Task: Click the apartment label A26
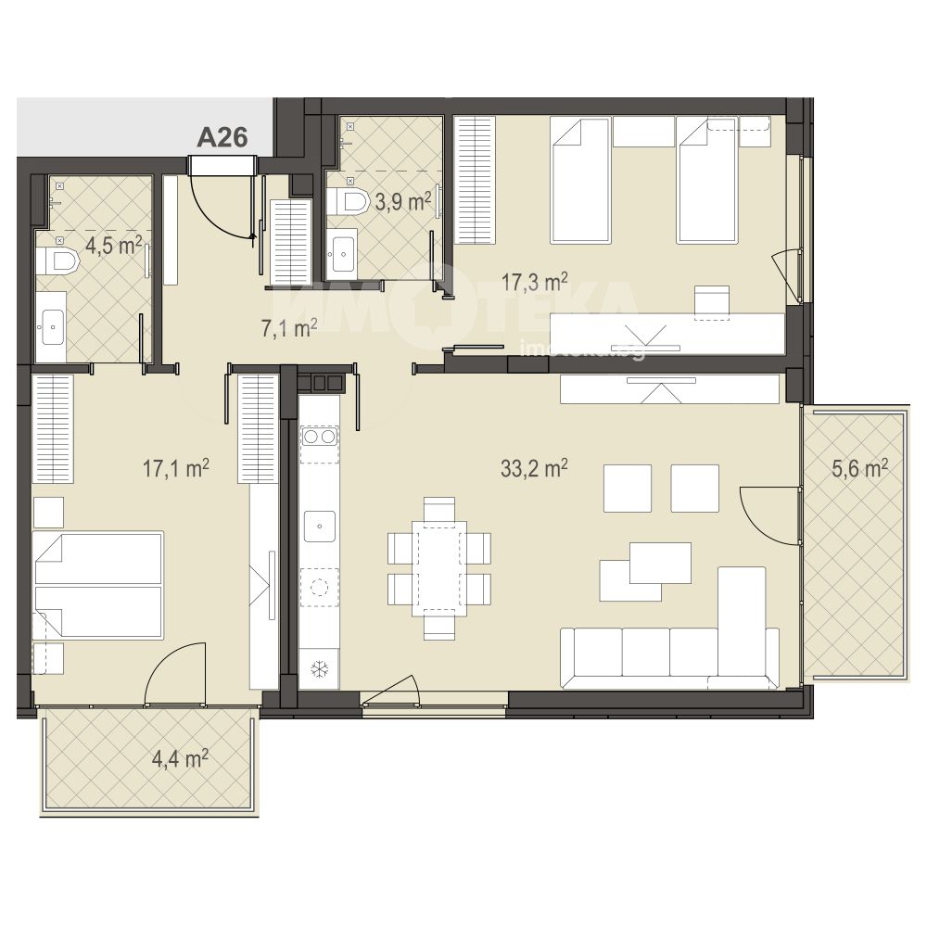[x=222, y=138]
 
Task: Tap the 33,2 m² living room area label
[x=534, y=469]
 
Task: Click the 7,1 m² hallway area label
[x=289, y=327]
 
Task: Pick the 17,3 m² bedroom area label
[x=535, y=282]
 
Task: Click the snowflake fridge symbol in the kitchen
[x=320, y=669]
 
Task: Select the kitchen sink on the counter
[x=320, y=527]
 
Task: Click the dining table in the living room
[x=439, y=568]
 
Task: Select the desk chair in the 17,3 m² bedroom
[x=711, y=302]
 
